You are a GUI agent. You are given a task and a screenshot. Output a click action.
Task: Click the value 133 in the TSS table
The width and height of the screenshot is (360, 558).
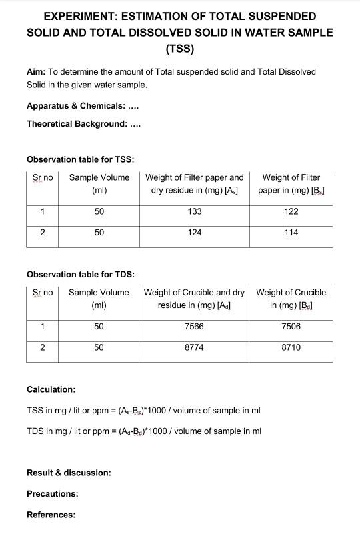(195, 211)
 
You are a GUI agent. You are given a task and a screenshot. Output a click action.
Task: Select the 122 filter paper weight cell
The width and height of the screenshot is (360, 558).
(291, 211)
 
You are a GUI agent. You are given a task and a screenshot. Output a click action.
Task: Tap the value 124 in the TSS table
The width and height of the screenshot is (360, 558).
(195, 233)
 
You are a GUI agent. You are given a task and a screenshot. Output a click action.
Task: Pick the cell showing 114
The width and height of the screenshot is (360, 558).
(291, 233)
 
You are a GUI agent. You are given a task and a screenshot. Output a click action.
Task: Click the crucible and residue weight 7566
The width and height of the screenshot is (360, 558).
(194, 327)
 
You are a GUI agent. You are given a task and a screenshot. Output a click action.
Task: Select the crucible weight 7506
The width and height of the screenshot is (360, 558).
(291, 327)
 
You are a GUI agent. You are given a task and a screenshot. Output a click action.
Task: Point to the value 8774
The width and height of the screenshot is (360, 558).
(194, 347)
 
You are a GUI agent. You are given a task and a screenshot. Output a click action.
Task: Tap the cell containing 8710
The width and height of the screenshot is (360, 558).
(291, 347)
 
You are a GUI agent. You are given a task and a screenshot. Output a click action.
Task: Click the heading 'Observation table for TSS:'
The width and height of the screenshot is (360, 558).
(80, 159)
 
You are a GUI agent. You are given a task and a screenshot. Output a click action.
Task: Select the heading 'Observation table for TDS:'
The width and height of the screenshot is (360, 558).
(81, 274)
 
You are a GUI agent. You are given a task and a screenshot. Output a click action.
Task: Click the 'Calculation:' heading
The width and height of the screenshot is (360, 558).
(51, 389)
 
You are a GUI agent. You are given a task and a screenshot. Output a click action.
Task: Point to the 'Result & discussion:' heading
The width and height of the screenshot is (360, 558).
(69, 473)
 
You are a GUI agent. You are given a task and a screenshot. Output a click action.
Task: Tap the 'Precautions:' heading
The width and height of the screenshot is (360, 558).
(52, 494)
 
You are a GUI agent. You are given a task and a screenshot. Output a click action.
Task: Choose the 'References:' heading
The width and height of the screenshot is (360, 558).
(51, 515)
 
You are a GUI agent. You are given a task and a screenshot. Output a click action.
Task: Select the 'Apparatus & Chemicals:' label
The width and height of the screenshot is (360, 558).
(75, 106)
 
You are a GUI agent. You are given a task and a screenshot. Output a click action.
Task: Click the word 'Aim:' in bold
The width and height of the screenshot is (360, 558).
(36, 71)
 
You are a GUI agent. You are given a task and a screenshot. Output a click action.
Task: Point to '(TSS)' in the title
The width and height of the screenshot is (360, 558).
(179, 49)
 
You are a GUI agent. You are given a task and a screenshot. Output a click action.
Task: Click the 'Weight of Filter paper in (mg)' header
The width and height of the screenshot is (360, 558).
(291, 183)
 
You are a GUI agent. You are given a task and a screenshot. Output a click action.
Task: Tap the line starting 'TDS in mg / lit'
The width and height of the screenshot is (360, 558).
(143, 431)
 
